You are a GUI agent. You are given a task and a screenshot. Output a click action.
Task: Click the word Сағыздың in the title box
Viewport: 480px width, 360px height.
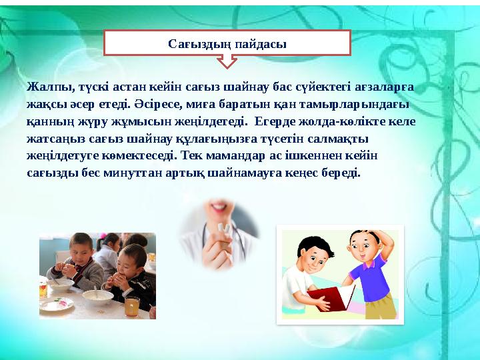click(x=199, y=45)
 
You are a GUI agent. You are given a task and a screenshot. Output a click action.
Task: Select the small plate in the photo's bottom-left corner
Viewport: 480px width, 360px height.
click(x=61, y=303)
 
